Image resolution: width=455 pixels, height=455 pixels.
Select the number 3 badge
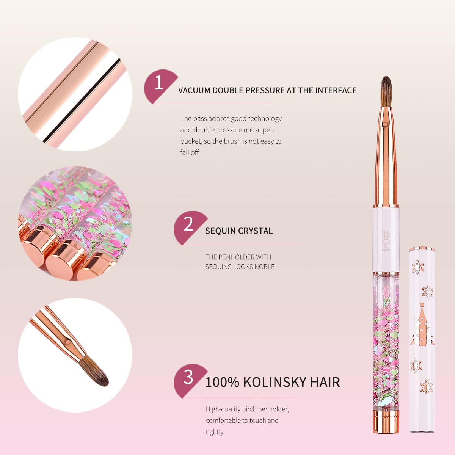188,378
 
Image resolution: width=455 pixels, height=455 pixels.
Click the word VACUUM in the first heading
194,90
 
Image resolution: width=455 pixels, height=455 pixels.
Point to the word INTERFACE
336,90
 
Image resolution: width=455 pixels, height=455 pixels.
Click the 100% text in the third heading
222,382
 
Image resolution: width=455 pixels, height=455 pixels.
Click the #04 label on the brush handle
386,241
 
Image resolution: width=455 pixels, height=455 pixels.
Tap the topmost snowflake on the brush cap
418,266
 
